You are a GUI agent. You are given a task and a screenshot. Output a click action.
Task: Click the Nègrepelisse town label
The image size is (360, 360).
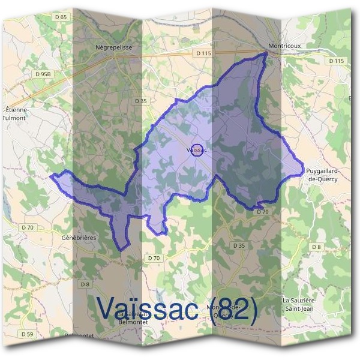(x=113, y=46)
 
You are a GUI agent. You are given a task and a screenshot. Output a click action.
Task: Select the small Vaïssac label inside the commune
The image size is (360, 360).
(x=197, y=149)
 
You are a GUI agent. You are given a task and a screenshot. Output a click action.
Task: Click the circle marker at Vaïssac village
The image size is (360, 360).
(x=196, y=149)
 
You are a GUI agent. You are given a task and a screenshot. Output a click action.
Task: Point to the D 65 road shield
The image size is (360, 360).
(x=60, y=17)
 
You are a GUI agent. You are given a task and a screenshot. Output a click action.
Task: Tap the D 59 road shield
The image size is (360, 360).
(x=26, y=334)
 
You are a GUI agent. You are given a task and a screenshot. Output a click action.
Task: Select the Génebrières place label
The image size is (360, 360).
(x=78, y=238)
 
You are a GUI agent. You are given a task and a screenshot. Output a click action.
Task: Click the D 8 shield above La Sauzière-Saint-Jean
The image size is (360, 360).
(x=316, y=247)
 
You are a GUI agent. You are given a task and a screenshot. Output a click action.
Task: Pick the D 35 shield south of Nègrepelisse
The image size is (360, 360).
(x=140, y=101)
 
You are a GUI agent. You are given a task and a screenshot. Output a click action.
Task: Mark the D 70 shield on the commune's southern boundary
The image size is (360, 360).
(x=262, y=212)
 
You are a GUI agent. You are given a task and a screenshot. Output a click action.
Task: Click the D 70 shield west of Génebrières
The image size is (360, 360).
(x=28, y=227)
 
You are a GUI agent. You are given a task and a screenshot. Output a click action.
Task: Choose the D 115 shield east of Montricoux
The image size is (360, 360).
(x=337, y=61)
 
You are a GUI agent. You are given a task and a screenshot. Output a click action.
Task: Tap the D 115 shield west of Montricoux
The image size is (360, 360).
(x=205, y=53)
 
